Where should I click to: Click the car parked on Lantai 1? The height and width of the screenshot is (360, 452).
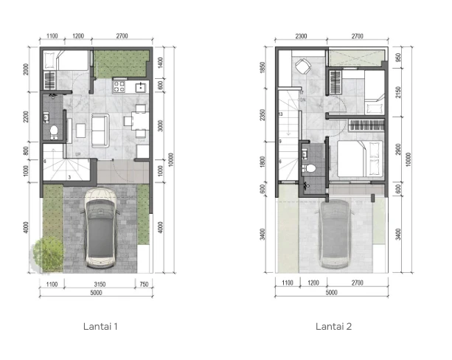pos(102,227)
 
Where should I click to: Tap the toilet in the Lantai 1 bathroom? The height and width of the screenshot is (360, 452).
pos(53,131)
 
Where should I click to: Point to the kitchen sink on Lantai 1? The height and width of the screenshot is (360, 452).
pos(138,87)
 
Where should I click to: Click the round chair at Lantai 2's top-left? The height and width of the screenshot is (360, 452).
pos(301,68)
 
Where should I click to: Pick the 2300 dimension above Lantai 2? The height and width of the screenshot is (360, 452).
pos(299,35)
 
